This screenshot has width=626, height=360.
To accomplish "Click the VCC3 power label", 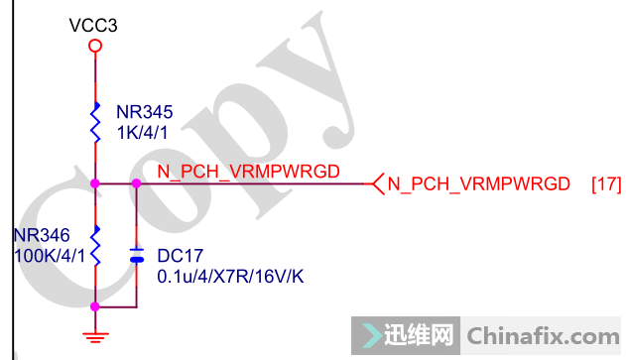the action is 93,25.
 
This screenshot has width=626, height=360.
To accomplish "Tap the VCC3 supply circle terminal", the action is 94,46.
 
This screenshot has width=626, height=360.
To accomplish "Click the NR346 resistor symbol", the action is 95,245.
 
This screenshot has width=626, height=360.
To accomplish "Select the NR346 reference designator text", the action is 42,236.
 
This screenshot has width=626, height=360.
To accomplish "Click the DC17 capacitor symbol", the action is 137,256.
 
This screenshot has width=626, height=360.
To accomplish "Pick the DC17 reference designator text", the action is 179,256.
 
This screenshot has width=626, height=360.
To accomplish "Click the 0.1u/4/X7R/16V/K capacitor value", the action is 230,276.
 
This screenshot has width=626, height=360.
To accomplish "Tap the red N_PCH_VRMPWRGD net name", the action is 248,172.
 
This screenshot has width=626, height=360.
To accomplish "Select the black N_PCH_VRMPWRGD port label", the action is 478,184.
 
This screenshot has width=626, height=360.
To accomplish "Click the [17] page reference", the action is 605,184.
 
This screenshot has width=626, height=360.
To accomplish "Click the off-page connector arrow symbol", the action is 376,183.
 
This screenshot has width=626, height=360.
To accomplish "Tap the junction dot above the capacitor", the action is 137,183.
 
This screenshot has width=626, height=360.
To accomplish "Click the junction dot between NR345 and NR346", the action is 94,183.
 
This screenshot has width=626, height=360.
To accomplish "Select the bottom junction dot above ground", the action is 94,307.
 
